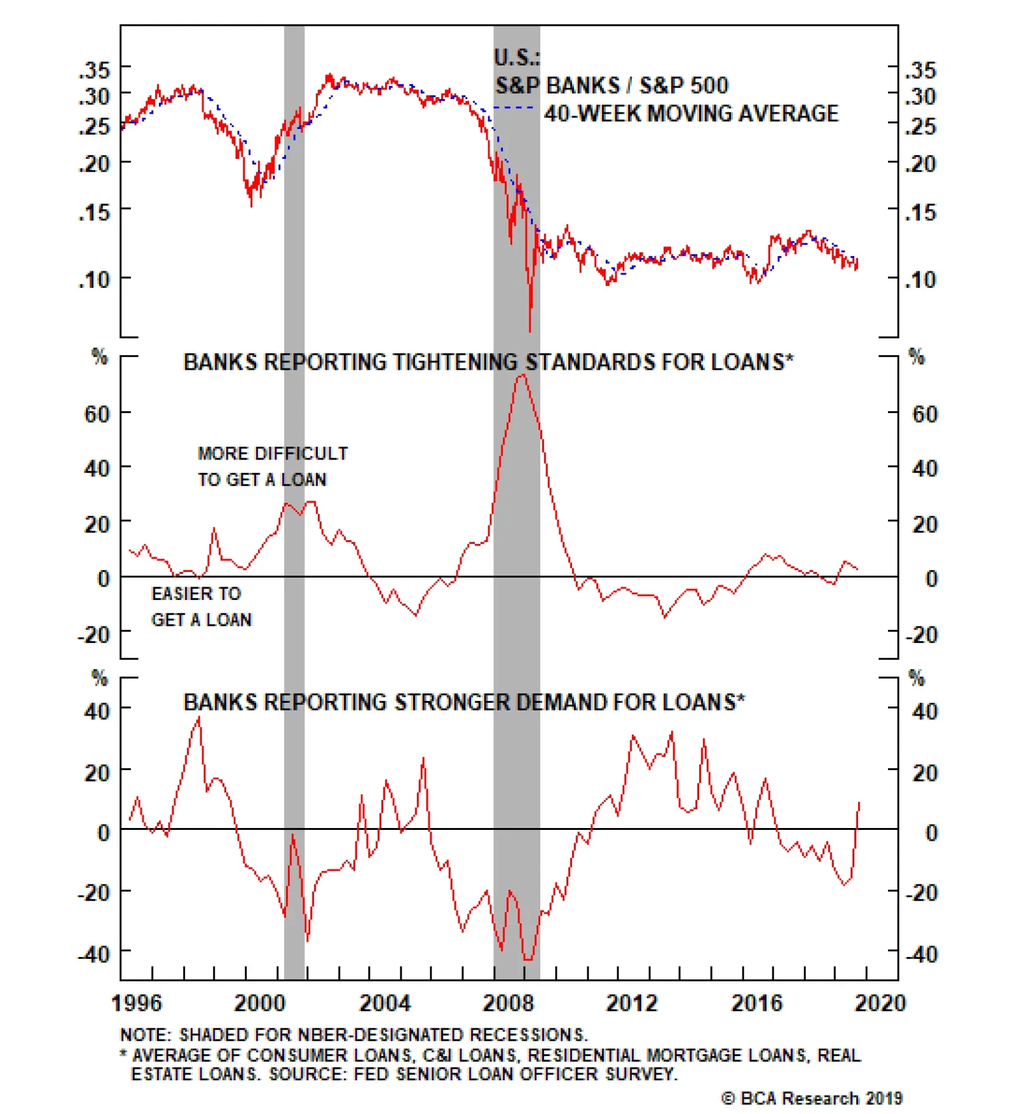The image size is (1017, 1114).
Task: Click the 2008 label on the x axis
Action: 508,1003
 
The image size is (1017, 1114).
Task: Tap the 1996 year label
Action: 136,1003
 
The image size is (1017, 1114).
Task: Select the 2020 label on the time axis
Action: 880,1003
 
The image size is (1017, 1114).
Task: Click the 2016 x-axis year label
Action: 756,1003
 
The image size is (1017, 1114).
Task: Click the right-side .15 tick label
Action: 920,212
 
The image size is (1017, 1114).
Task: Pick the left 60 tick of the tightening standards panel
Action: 97,414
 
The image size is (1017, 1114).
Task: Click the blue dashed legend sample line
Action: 514,107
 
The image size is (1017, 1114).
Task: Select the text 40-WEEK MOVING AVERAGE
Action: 691,114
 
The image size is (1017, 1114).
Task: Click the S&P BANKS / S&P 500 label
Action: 611,85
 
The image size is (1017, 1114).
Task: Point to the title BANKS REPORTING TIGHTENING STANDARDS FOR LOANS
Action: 488,362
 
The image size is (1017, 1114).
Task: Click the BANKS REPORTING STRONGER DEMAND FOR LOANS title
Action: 463,702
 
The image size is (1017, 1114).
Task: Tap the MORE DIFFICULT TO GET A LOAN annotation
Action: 272,466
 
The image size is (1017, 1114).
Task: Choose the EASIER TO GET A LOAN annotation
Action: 200,606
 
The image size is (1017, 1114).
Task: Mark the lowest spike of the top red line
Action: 529,330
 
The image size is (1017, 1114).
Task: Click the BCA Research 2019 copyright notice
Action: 812,1098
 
